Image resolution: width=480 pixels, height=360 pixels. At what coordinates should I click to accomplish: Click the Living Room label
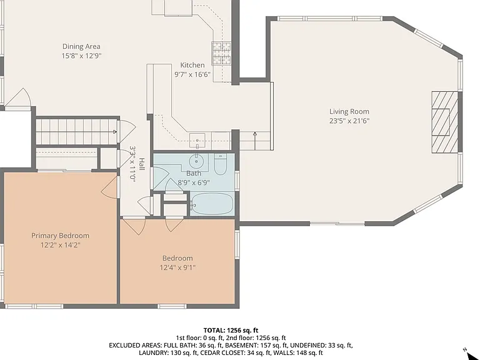[349, 111]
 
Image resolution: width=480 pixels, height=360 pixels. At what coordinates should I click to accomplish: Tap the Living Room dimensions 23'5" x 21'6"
[349, 121]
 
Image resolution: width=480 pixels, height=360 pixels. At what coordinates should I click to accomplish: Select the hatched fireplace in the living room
[445, 122]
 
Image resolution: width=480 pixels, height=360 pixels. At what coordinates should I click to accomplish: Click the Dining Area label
[81, 46]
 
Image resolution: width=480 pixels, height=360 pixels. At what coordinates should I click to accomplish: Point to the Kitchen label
[192, 65]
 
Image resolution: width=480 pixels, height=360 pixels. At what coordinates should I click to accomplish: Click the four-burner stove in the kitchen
[221, 53]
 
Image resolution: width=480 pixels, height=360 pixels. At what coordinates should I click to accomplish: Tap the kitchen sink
[197, 141]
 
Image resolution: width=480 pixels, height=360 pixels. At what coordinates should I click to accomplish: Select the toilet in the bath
[220, 164]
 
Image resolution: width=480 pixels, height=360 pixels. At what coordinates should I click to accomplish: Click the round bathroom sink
[196, 161]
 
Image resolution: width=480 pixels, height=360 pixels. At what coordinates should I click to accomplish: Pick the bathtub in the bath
[212, 204]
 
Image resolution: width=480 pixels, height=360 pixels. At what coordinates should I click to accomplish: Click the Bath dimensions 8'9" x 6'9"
[194, 182]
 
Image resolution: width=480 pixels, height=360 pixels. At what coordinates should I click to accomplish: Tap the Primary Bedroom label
[60, 236]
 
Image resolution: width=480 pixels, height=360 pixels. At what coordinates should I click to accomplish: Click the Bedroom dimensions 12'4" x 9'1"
[177, 267]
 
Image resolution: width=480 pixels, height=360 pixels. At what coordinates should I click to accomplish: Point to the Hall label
[142, 164]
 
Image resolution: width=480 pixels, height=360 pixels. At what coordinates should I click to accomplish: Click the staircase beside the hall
[76, 132]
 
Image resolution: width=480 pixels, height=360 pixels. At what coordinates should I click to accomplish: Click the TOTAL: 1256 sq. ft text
[231, 330]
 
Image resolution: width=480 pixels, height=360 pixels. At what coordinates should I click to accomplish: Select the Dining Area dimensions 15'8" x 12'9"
[81, 56]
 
